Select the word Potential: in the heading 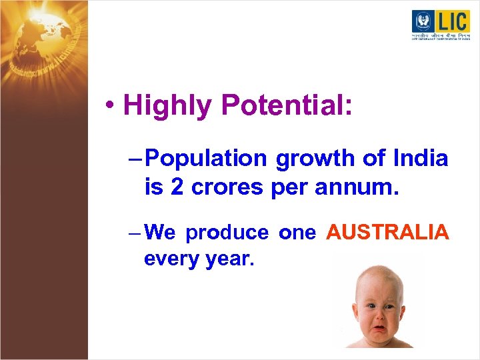pos(287,106)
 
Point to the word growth pos(315,159)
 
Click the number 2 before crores pos(177,188)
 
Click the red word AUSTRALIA pos(387,232)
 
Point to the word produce pos(227,233)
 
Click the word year pos(227,259)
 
